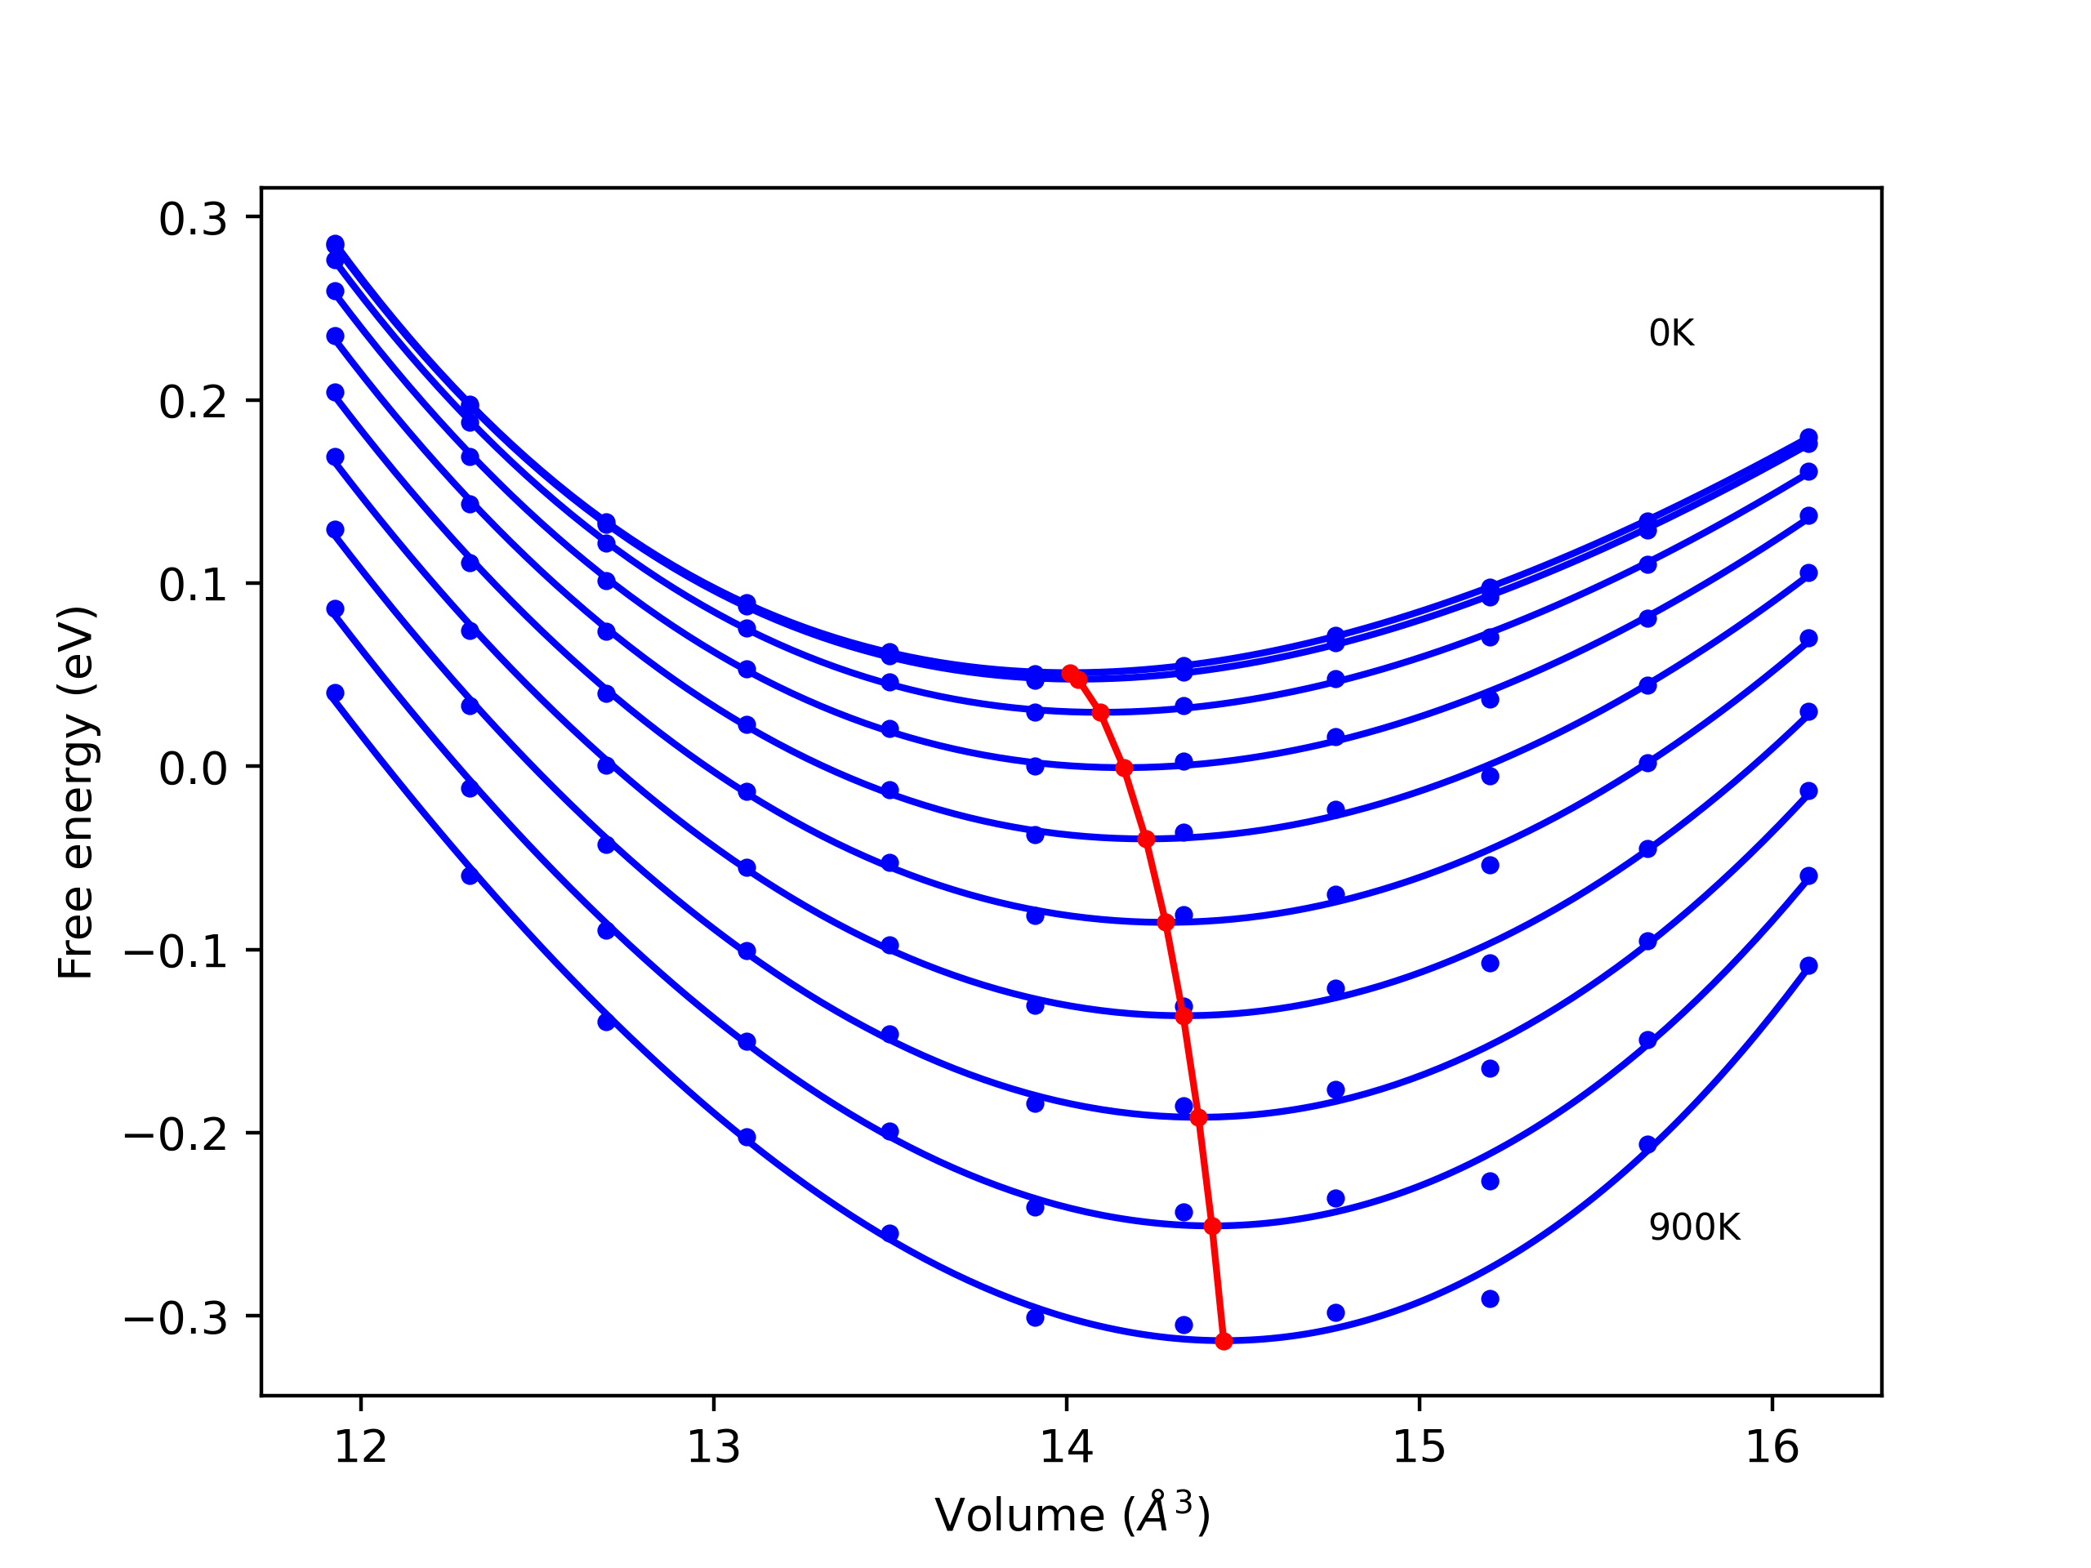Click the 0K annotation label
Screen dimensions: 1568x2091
[x=1670, y=334]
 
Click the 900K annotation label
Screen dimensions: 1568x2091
[x=1693, y=1227]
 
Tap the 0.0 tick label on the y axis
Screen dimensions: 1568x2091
[x=193, y=769]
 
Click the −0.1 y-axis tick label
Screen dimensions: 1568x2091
[x=176, y=953]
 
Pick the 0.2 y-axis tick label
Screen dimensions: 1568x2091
[x=193, y=403]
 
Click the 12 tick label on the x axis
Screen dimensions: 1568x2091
[x=360, y=1448]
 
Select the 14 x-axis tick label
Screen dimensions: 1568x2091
[x=1066, y=1448]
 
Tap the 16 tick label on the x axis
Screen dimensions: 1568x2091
[x=1772, y=1448]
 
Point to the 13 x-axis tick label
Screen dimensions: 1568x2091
[x=713, y=1448]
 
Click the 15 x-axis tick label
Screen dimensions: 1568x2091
[x=1419, y=1448]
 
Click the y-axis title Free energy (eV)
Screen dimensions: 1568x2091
[x=76, y=793]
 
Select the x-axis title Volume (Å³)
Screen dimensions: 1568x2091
[x=1072, y=1515]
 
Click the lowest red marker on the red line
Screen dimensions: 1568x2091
[x=1224, y=1341]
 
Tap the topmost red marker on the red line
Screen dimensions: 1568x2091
[x=1069, y=673]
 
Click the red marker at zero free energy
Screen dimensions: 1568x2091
[x=1123, y=768]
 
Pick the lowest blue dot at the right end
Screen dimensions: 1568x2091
[x=1808, y=966]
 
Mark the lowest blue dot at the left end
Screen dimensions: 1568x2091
[x=335, y=693]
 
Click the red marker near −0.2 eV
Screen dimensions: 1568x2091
[x=1198, y=1118]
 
